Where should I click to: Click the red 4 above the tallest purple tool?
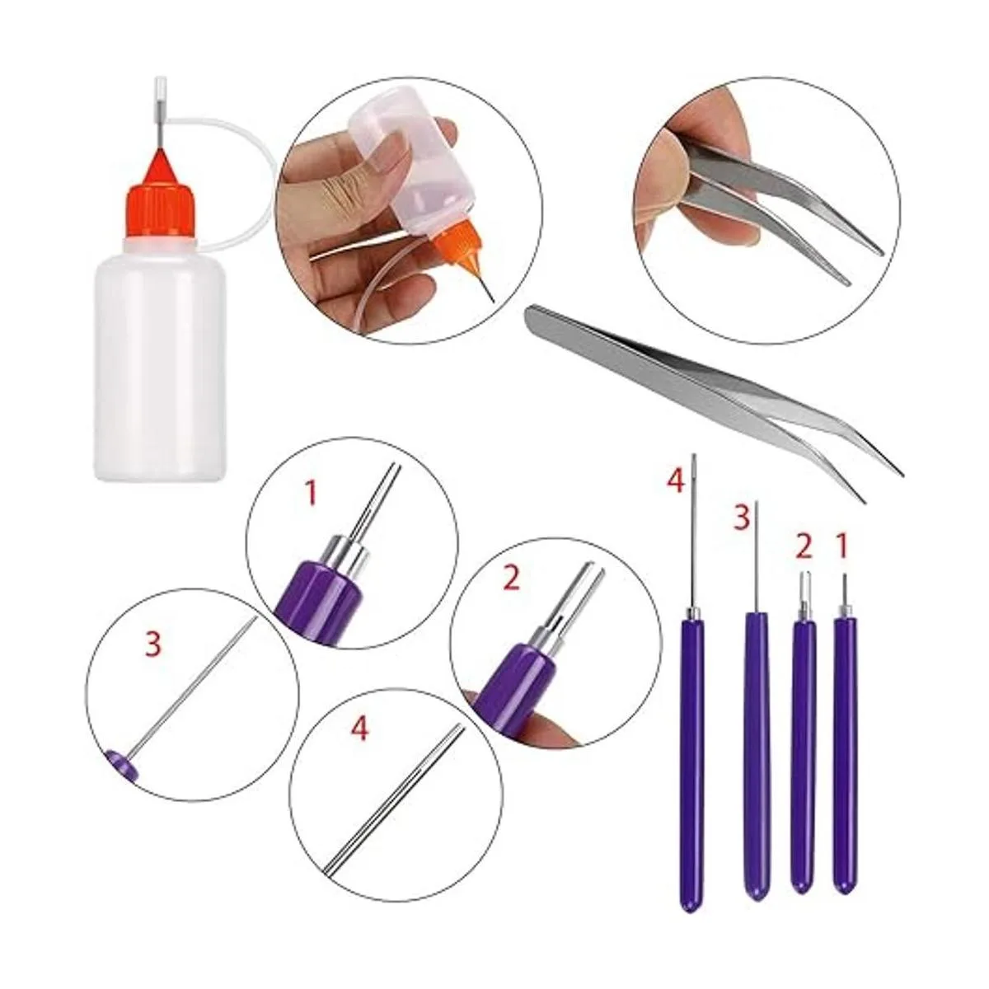click(675, 482)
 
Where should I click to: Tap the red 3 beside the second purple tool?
click(741, 518)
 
